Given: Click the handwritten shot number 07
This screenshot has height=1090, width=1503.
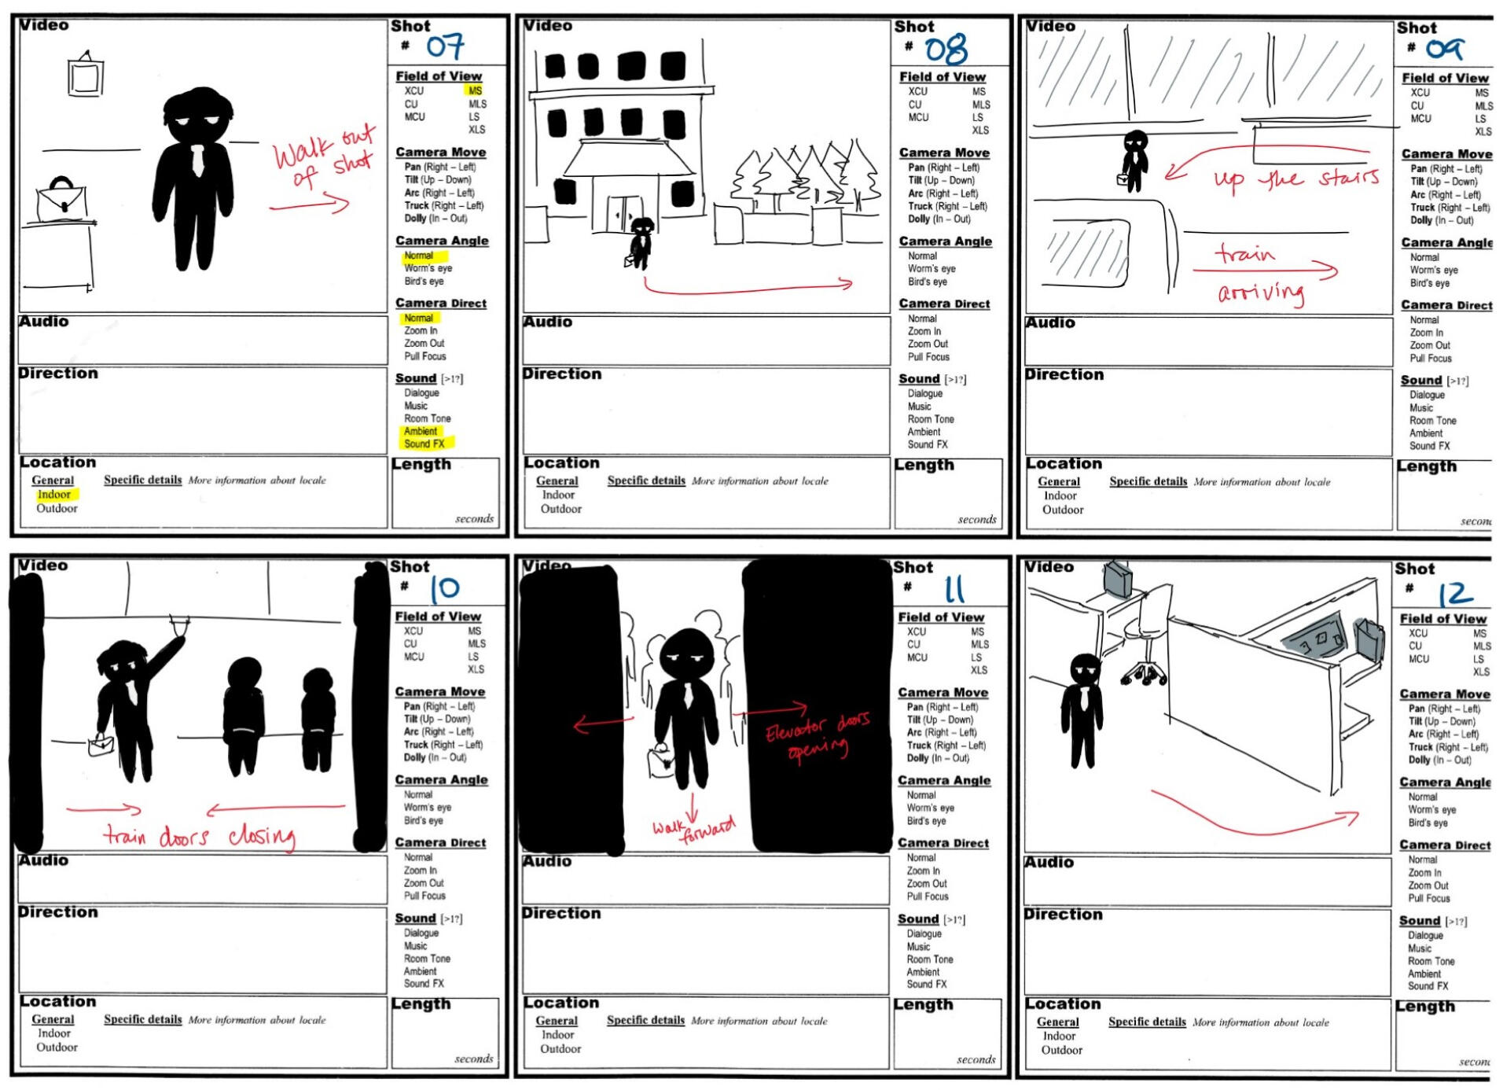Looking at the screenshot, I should (445, 46).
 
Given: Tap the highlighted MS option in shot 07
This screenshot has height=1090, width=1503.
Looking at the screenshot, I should (475, 90).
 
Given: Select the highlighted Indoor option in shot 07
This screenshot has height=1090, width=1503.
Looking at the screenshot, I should (54, 495).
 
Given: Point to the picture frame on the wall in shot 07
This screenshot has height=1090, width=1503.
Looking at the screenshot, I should (85, 76).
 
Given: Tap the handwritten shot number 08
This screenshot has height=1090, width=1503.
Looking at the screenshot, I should (946, 50).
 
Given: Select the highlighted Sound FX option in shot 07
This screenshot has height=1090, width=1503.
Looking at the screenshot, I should (424, 444).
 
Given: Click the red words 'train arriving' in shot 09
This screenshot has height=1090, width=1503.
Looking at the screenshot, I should (1258, 273).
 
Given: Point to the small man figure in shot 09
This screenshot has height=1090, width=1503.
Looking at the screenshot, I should (1134, 160).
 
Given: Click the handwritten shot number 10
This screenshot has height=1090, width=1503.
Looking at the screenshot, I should (444, 588).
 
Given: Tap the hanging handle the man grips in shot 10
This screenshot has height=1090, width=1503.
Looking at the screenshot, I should (179, 625).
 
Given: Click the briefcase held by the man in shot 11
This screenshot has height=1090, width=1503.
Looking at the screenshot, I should (661, 760).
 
